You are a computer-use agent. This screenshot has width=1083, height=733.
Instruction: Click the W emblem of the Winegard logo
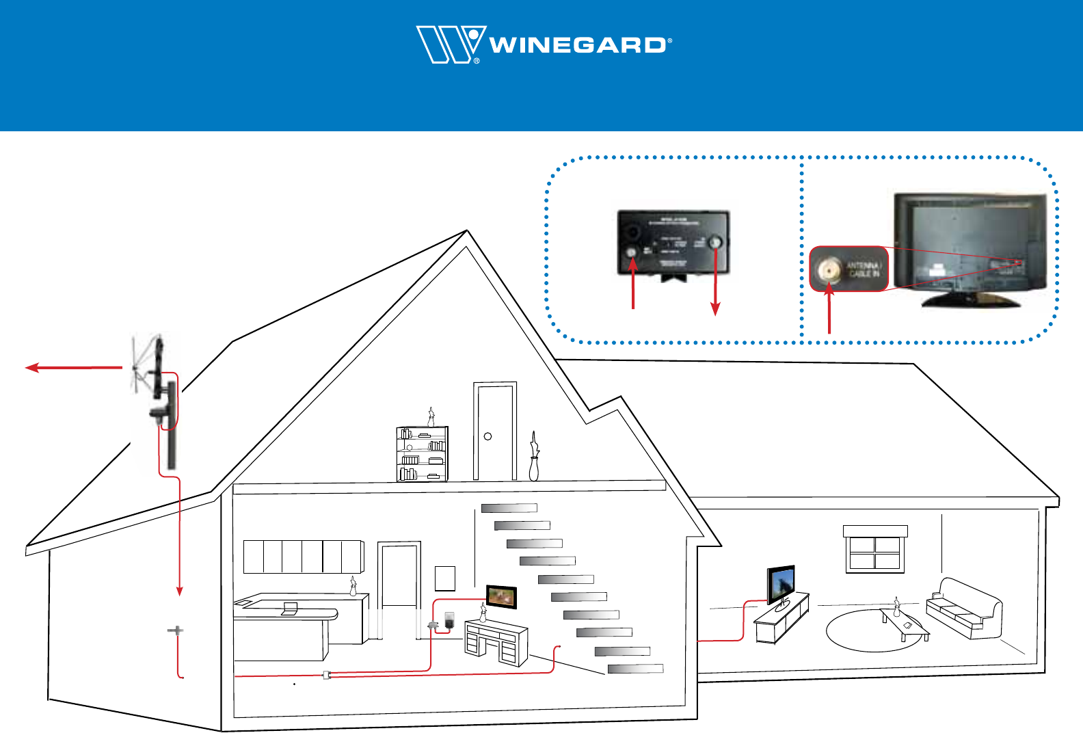point(449,44)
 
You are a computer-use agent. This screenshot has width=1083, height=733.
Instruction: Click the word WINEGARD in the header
point(578,46)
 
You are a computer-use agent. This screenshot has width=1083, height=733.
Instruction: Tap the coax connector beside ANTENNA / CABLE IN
point(829,270)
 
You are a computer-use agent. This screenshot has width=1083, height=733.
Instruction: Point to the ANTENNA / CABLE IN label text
point(864,269)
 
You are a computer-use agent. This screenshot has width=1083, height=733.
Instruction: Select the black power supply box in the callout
point(673,242)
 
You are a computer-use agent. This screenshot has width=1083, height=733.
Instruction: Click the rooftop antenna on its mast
point(156,383)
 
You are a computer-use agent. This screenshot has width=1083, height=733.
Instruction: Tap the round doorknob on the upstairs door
point(488,436)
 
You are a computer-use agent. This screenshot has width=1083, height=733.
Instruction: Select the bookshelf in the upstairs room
point(422,454)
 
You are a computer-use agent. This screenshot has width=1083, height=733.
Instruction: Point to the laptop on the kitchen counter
point(290,609)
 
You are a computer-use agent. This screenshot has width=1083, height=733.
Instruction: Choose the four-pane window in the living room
point(875,552)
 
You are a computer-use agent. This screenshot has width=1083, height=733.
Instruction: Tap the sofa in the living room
point(964,608)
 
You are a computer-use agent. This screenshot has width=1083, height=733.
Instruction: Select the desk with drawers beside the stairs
point(496,641)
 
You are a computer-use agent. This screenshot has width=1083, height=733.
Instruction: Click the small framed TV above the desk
point(501,596)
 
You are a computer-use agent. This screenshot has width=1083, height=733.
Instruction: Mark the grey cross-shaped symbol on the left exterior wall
point(176,630)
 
